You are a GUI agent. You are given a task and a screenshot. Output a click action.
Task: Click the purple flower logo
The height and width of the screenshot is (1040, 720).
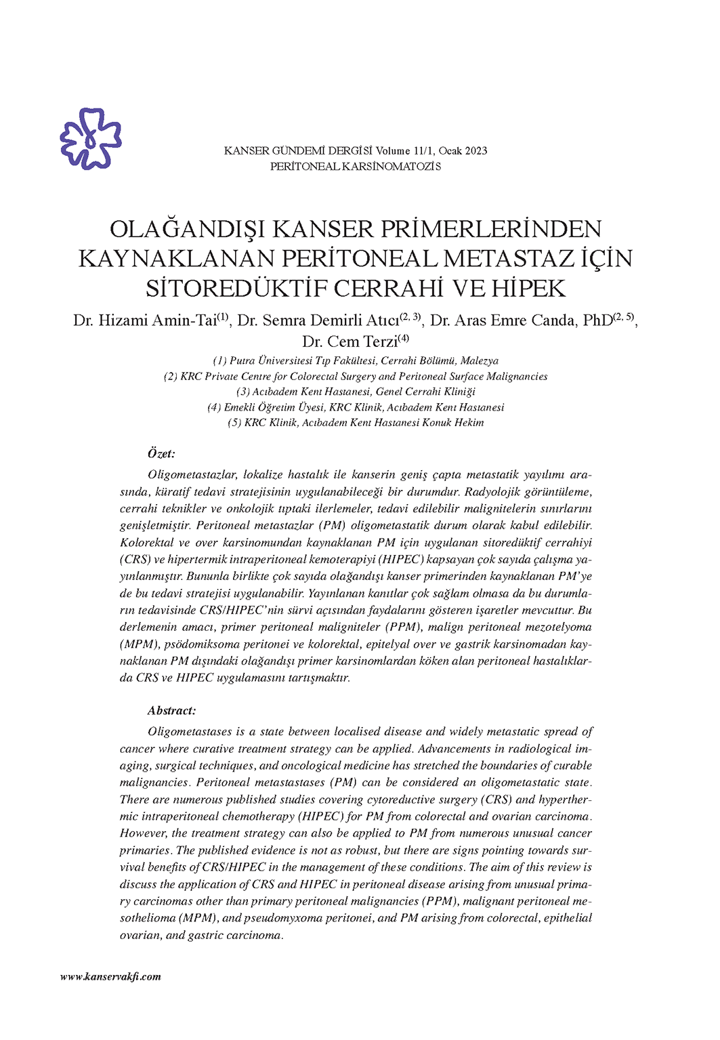tap(91, 138)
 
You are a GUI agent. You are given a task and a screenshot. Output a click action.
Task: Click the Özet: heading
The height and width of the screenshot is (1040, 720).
tap(161, 453)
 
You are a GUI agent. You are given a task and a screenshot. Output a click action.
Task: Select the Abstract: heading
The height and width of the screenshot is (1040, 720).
tap(171, 710)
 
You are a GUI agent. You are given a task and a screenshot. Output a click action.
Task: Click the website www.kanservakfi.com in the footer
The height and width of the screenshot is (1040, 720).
tap(110, 976)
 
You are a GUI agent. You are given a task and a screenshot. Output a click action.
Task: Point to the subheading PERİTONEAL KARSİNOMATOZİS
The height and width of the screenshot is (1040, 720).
tap(356, 166)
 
